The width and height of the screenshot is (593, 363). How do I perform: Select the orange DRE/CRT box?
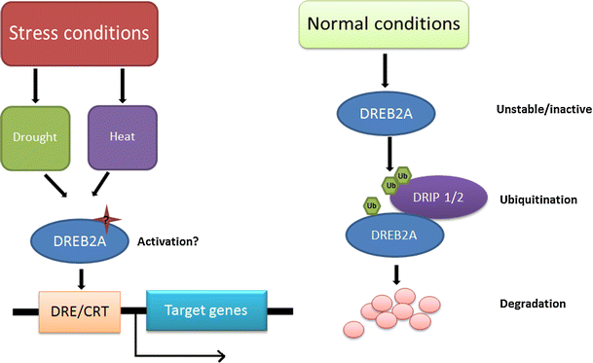[x=71, y=312]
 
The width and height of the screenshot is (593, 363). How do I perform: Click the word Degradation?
[x=532, y=304]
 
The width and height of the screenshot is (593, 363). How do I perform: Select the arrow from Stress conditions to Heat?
[x=122, y=85]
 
